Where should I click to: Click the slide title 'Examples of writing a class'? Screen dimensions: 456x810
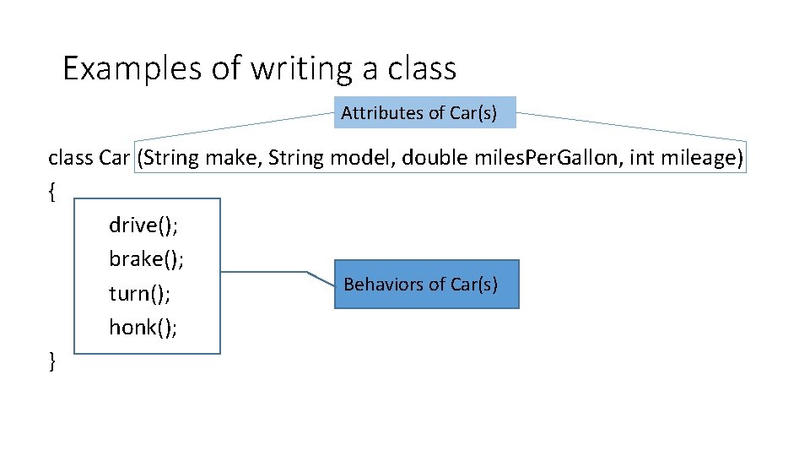pyautogui.click(x=259, y=68)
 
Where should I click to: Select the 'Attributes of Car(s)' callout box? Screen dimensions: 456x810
pyautogui.click(x=425, y=112)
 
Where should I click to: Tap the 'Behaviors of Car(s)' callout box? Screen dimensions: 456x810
pyautogui.click(x=426, y=285)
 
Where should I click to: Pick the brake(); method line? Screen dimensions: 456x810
pyautogui.click(x=146, y=258)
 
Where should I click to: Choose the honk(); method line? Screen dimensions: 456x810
pyautogui.click(x=143, y=327)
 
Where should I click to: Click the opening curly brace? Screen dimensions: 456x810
pyautogui.click(x=52, y=192)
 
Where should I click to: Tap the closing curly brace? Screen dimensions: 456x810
pyautogui.click(x=52, y=361)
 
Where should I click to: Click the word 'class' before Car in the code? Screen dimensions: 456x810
pyautogui.click(x=71, y=158)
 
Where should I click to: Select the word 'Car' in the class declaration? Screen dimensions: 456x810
pyautogui.click(x=114, y=158)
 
